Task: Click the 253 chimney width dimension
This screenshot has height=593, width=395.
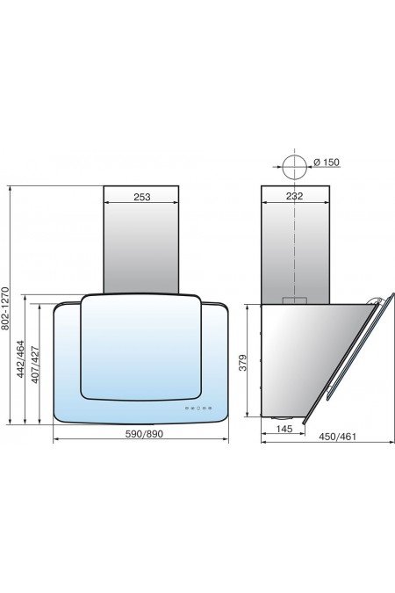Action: pos(141,197)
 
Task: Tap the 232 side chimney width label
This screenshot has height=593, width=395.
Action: pos(294,196)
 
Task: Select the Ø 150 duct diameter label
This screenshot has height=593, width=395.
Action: pos(327,163)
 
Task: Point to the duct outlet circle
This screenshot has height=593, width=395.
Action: pos(294,167)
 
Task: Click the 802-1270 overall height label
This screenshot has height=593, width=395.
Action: pos(5,308)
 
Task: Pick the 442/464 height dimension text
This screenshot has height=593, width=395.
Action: pos(21,359)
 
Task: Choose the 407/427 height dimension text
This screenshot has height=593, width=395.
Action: pos(35,365)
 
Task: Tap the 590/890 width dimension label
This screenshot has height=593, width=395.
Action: pos(144,434)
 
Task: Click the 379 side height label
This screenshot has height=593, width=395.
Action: pos(243,362)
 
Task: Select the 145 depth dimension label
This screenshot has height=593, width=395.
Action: pos(284,429)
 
